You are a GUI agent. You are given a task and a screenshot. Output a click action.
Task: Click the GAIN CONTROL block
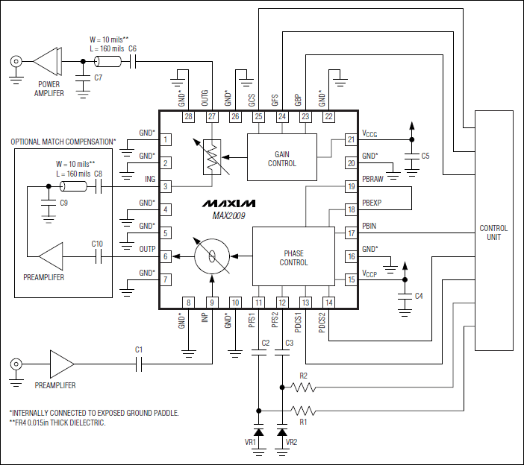point(282,158)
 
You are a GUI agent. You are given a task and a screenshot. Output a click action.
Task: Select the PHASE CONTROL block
point(293,257)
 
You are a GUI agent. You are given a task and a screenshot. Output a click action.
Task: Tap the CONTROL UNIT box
point(493,231)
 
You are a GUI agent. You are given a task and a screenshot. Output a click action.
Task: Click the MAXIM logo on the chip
point(228,203)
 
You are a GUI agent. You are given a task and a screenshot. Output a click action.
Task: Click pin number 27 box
point(212,117)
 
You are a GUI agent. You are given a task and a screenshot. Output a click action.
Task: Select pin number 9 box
point(212,302)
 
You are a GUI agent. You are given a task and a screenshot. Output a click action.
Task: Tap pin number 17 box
point(350,233)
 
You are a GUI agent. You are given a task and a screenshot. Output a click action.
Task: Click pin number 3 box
point(166,186)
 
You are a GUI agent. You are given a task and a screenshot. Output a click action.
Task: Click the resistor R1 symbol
point(303,410)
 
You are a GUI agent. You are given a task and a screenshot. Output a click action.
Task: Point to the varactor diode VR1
point(259,431)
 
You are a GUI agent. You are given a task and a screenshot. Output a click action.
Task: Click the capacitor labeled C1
point(139,364)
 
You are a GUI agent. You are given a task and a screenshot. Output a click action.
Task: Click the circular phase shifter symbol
point(213,257)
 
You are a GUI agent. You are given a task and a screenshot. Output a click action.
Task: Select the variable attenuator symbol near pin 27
point(212,158)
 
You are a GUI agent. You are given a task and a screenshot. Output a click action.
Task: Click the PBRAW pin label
point(374,180)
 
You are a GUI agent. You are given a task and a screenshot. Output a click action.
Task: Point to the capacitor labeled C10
point(97,257)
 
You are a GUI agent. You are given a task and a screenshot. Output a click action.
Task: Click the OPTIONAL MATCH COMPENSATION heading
point(63,142)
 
